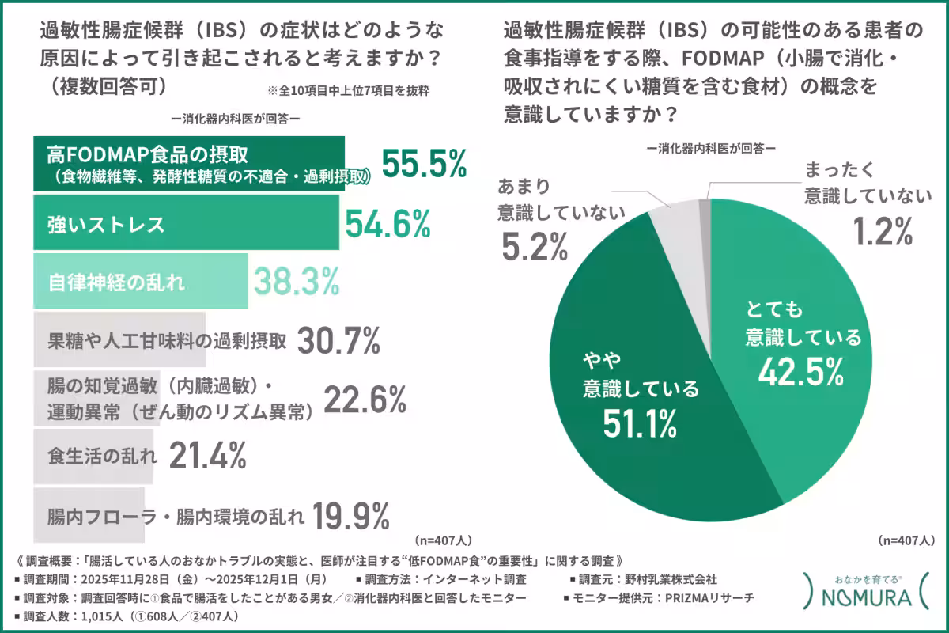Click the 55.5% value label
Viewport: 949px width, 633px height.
425,164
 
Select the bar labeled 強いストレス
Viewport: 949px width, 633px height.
186,224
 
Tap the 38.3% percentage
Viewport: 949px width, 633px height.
296,280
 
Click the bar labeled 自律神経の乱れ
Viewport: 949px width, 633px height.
141,281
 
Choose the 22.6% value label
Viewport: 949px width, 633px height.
365,400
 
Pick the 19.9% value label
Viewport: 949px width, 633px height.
351,517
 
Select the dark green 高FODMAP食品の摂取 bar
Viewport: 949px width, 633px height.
190,165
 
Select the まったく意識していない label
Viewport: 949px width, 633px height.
863,184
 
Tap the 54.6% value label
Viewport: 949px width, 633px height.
388,224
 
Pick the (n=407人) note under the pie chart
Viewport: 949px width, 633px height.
906,540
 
